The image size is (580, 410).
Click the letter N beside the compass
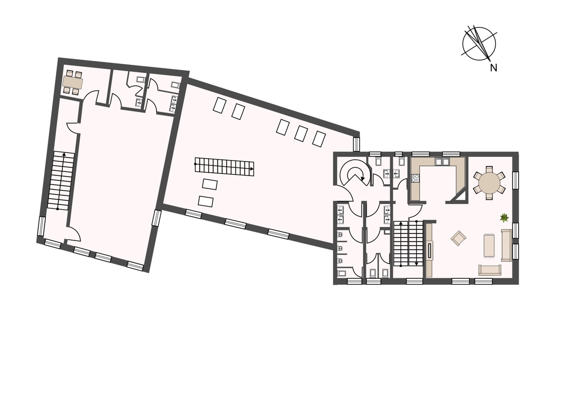pyautogui.click(x=493, y=68)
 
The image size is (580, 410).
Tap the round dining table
pyautogui.click(x=489, y=183)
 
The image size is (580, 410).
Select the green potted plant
pyautogui.click(x=504, y=218)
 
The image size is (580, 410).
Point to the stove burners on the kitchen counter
pyautogui.click(x=415, y=178)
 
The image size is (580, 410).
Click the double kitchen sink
pyautogui.click(x=442, y=162)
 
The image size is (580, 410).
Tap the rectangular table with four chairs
pyautogui.click(x=73, y=82)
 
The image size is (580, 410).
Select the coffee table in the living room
pyautogui.click(x=489, y=246)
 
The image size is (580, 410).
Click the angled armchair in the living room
pyautogui.click(x=458, y=238)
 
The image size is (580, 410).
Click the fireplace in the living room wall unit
pyautogui.click(x=430, y=250)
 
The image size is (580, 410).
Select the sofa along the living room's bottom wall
pyautogui.click(x=490, y=270)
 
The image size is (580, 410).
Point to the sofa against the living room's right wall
pyautogui.click(x=507, y=245)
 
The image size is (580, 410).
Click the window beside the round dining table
pyautogui.click(x=516, y=180)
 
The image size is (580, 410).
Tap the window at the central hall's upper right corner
pyautogui.click(x=357, y=144)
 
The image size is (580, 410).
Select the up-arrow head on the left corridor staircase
pyautogui.click(x=64, y=154)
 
